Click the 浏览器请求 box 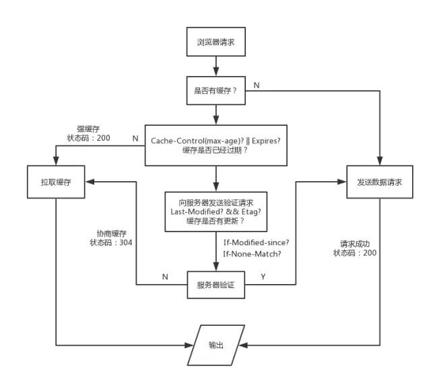tap(215, 42)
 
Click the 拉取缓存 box tap(55, 182)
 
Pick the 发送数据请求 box tap(375, 182)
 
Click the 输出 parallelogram tap(215, 344)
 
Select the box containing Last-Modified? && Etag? tap(215, 210)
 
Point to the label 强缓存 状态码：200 tap(88, 133)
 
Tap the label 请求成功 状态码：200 tap(354, 248)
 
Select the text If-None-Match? tap(252, 253)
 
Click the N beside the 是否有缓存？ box tap(256, 85)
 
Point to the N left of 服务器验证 tap(165, 277)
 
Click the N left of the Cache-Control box tap(135, 138)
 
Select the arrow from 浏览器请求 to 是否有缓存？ tap(215, 65)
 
